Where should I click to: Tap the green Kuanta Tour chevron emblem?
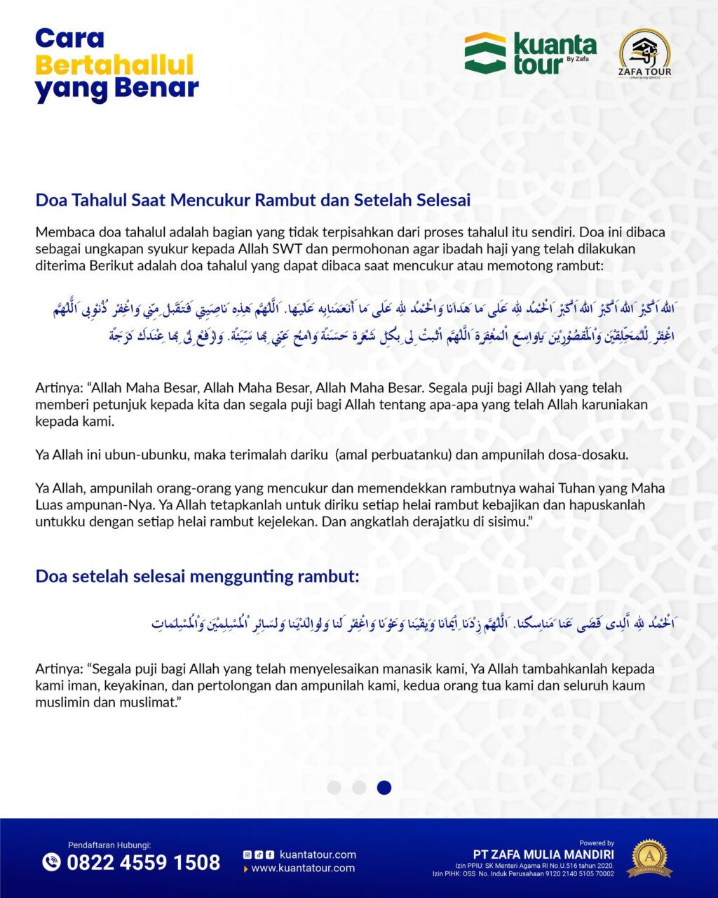coord(485,53)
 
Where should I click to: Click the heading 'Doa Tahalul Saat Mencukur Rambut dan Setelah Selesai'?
coord(253,200)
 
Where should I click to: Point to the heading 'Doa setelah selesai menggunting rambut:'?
coord(197,577)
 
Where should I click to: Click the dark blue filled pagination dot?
coord(384,787)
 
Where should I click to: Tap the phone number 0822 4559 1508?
coord(143,862)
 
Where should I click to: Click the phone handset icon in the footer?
coord(52,862)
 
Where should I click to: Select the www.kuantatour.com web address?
coord(303,869)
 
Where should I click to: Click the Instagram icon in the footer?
coord(247,855)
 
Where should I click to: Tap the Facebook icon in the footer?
coord(270,855)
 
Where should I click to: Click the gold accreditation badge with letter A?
coord(649,857)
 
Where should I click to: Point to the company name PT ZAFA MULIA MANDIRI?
coord(543,855)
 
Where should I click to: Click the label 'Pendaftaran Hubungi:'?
coord(109,845)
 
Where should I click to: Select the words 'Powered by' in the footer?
coord(597,843)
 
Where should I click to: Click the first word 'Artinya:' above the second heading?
coord(59,388)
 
